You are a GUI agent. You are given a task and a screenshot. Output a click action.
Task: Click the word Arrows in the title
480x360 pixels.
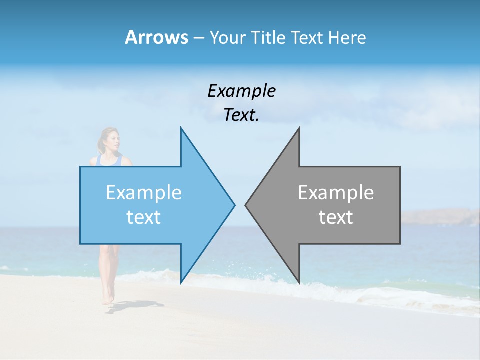157,37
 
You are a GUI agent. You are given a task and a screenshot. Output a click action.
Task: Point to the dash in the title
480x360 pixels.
199,38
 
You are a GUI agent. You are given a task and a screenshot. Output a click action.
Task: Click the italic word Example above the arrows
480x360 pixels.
241,91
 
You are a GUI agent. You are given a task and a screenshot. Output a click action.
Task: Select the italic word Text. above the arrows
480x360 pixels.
241,115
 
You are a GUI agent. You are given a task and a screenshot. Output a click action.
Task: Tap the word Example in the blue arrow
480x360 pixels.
143,192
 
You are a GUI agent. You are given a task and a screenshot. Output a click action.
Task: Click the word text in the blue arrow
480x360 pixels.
143,217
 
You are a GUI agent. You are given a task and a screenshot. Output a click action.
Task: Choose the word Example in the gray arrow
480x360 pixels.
336,192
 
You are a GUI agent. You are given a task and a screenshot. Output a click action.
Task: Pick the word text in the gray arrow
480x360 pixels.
336,217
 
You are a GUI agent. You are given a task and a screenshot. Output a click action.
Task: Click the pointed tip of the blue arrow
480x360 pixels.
234,205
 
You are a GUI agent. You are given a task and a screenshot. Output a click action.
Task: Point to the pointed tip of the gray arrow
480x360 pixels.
245,205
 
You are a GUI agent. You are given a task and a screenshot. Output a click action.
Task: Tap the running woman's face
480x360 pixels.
113,139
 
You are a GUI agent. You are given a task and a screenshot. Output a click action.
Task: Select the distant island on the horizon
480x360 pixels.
440,217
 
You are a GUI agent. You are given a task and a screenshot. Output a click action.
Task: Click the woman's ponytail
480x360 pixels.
101,146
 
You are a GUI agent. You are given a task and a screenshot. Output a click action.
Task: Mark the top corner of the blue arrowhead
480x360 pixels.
181,128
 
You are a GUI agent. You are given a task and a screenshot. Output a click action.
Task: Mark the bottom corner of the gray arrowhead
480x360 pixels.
299,282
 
